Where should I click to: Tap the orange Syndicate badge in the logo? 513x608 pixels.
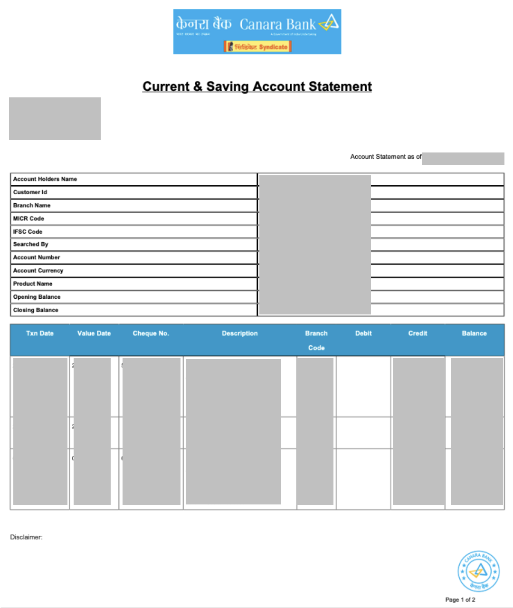pyautogui.click(x=257, y=47)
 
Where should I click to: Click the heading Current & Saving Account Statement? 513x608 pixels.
pyautogui.click(x=257, y=86)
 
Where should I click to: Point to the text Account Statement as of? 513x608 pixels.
pyautogui.click(x=385, y=157)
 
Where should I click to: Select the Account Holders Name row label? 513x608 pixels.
pyautogui.click(x=45, y=179)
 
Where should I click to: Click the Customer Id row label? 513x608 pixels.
pyautogui.click(x=30, y=192)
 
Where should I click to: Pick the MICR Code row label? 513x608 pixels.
pyautogui.click(x=28, y=218)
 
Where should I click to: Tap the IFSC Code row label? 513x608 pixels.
pyautogui.click(x=28, y=232)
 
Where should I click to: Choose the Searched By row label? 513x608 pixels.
pyautogui.click(x=31, y=244)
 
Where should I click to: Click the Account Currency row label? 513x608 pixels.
pyautogui.click(x=38, y=271)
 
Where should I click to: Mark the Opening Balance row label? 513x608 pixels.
pyautogui.click(x=37, y=297)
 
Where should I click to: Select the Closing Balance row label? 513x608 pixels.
pyautogui.click(x=36, y=310)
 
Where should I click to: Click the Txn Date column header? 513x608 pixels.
pyautogui.click(x=40, y=333)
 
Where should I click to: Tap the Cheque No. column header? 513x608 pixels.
pyautogui.click(x=151, y=333)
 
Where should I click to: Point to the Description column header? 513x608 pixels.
pyautogui.click(x=240, y=333)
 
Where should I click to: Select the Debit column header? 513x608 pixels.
pyautogui.click(x=363, y=333)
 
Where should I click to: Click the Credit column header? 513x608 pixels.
pyautogui.click(x=418, y=333)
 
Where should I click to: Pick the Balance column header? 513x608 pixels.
pyautogui.click(x=474, y=333)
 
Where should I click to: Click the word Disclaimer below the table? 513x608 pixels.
pyautogui.click(x=26, y=537)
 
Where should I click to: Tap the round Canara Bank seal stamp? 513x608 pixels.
pyautogui.click(x=478, y=571)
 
